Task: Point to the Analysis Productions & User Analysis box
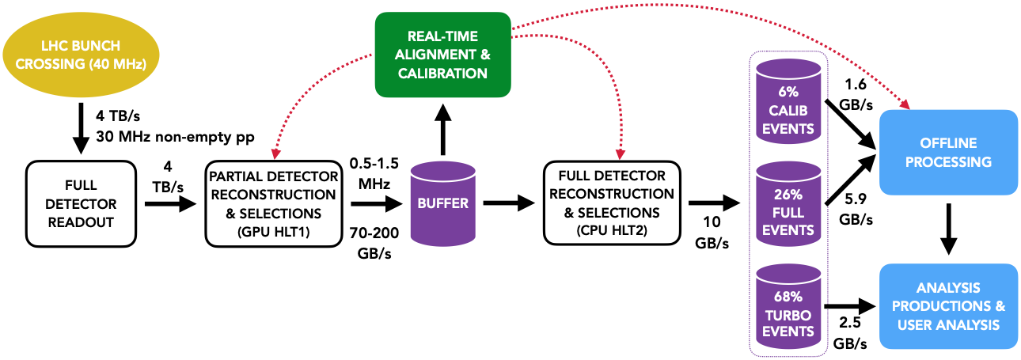pos(948,305)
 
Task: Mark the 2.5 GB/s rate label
pos(851,333)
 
